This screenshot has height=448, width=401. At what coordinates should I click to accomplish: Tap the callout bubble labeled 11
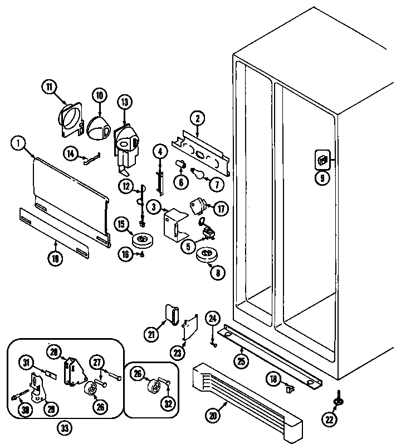(x=50, y=86)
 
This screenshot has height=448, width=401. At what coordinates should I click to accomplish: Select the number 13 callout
(x=125, y=102)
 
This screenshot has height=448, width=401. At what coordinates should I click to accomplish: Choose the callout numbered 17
(x=221, y=209)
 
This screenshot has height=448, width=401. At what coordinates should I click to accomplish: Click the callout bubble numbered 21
(x=151, y=334)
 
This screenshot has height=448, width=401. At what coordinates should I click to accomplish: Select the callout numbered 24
(x=212, y=319)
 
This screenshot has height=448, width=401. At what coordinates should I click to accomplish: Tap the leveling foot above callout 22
(x=338, y=400)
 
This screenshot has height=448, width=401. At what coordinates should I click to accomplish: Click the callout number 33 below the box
(x=65, y=428)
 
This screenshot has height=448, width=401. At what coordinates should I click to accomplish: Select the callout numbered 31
(x=26, y=363)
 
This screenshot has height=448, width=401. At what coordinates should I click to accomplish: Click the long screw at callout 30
(x=20, y=397)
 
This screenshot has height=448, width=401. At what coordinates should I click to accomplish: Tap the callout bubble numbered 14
(x=71, y=153)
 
